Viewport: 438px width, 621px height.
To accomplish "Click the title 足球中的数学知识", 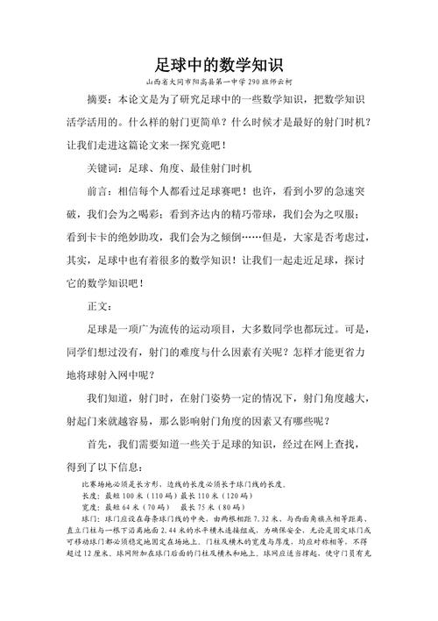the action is (x=219, y=64).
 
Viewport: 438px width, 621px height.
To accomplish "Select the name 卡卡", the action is (x=105, y=237).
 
